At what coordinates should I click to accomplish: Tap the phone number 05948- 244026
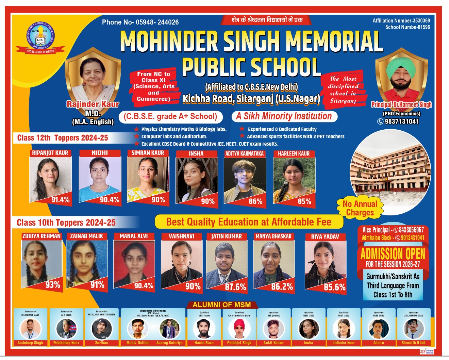pyautogui.click(x=157, y=22)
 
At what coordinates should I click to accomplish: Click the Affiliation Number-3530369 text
pyautogui.click(x=401, y=21)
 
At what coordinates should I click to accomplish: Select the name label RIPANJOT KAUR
pyautogui.click(x=50, y=153)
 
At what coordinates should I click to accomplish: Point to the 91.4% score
pyautogui.click(x=60, y=200)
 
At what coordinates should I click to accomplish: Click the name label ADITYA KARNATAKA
pyautogui.click(x=245, y=153)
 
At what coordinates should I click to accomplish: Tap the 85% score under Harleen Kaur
pyautogui.click(x=304, y=201)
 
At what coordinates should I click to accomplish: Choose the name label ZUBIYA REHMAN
pyautogui.click(x=41, y=236)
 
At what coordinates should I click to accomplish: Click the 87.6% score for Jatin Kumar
pyautogui.click(x=235, y=287)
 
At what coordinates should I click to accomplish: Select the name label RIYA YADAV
pyautogui.click(x=325, y=236)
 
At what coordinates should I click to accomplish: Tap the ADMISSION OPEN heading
pyautogui.click(x=393, y=254)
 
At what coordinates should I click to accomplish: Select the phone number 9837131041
pyautogui.click(x=401, y=121)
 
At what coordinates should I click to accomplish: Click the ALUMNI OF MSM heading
pyautogui.click(x=221, y=305)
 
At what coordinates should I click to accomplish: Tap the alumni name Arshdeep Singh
pyautogui.click(x=30, y=343)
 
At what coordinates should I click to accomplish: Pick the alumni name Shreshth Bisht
pyautogui.click(x=413, y=343)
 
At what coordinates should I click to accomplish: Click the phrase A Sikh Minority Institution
pyautogui.click(x=284, y=116)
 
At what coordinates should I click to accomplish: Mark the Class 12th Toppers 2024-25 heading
pyautogui.click(x=63, y=138)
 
